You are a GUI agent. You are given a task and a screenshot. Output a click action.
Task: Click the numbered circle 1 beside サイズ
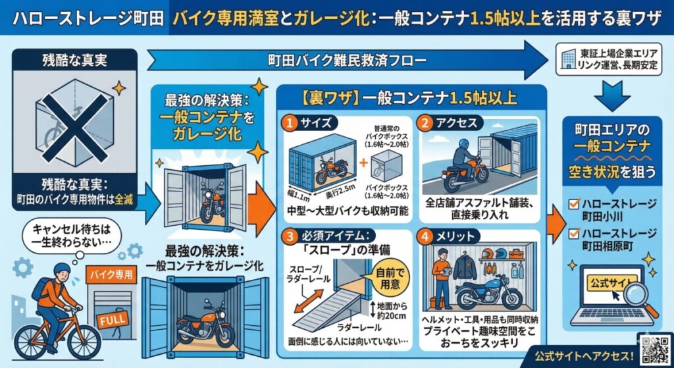[290, 122]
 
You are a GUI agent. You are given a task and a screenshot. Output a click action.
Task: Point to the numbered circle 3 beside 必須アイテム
[290, 236]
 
